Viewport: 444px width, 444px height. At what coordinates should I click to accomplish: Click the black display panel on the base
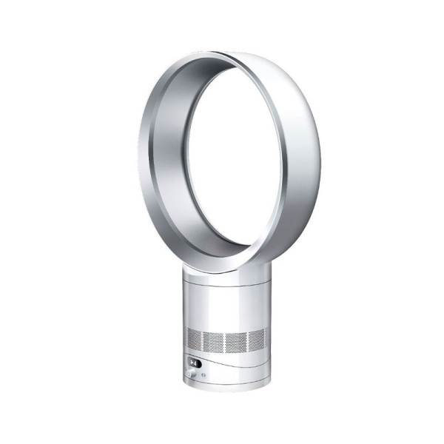point(195,363)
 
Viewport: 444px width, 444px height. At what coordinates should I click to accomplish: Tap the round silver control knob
point(194,375)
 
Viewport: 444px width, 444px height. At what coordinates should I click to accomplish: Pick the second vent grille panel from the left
point(214,341)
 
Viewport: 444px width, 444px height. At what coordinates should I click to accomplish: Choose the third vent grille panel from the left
point(236,341)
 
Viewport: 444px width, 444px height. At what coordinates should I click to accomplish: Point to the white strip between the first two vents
point(203,340)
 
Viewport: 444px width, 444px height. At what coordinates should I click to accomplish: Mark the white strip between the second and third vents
point(225,342)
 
